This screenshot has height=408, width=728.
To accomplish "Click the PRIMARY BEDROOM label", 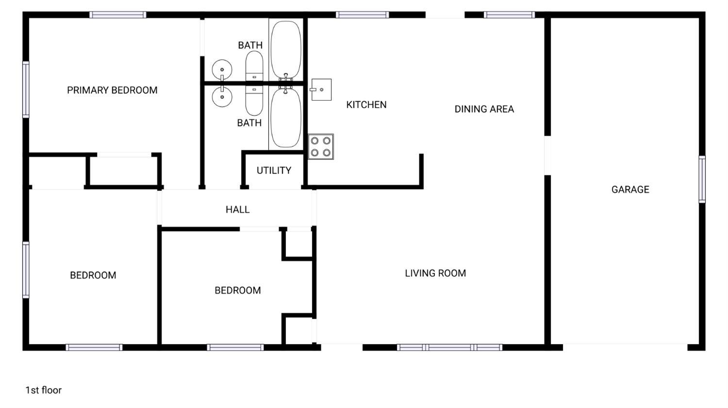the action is [x=112, y=90].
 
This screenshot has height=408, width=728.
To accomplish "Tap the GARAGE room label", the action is [x=630, y=189].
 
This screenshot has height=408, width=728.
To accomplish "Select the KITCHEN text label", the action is [x=366, y=105].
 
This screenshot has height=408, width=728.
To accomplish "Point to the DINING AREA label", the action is [x=484, y=109].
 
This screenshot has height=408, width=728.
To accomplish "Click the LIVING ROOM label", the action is [x=435, y=273].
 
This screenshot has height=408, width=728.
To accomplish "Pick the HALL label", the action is [x=238, y=209].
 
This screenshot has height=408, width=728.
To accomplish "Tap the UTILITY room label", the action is [x=274, y=171].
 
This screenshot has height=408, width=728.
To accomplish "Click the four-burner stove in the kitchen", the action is [x=321, y=147].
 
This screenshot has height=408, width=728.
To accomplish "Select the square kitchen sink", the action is [x=321, y=90].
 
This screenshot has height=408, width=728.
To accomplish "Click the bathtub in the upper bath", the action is [x=286, y=49].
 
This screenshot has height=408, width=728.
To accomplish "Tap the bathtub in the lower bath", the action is [x=286, y=117].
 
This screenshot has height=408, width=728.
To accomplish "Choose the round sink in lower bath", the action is [x=222, y=97].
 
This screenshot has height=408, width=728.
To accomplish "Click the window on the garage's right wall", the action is [x=702, y=179].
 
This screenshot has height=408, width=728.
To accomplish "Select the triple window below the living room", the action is [x=449, y=347].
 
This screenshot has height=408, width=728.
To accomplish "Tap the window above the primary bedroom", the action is [x=117, y=15].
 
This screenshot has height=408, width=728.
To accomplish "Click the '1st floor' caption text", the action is [x=44, y=390].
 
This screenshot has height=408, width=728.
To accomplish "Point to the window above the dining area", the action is [x=509, y=15].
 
